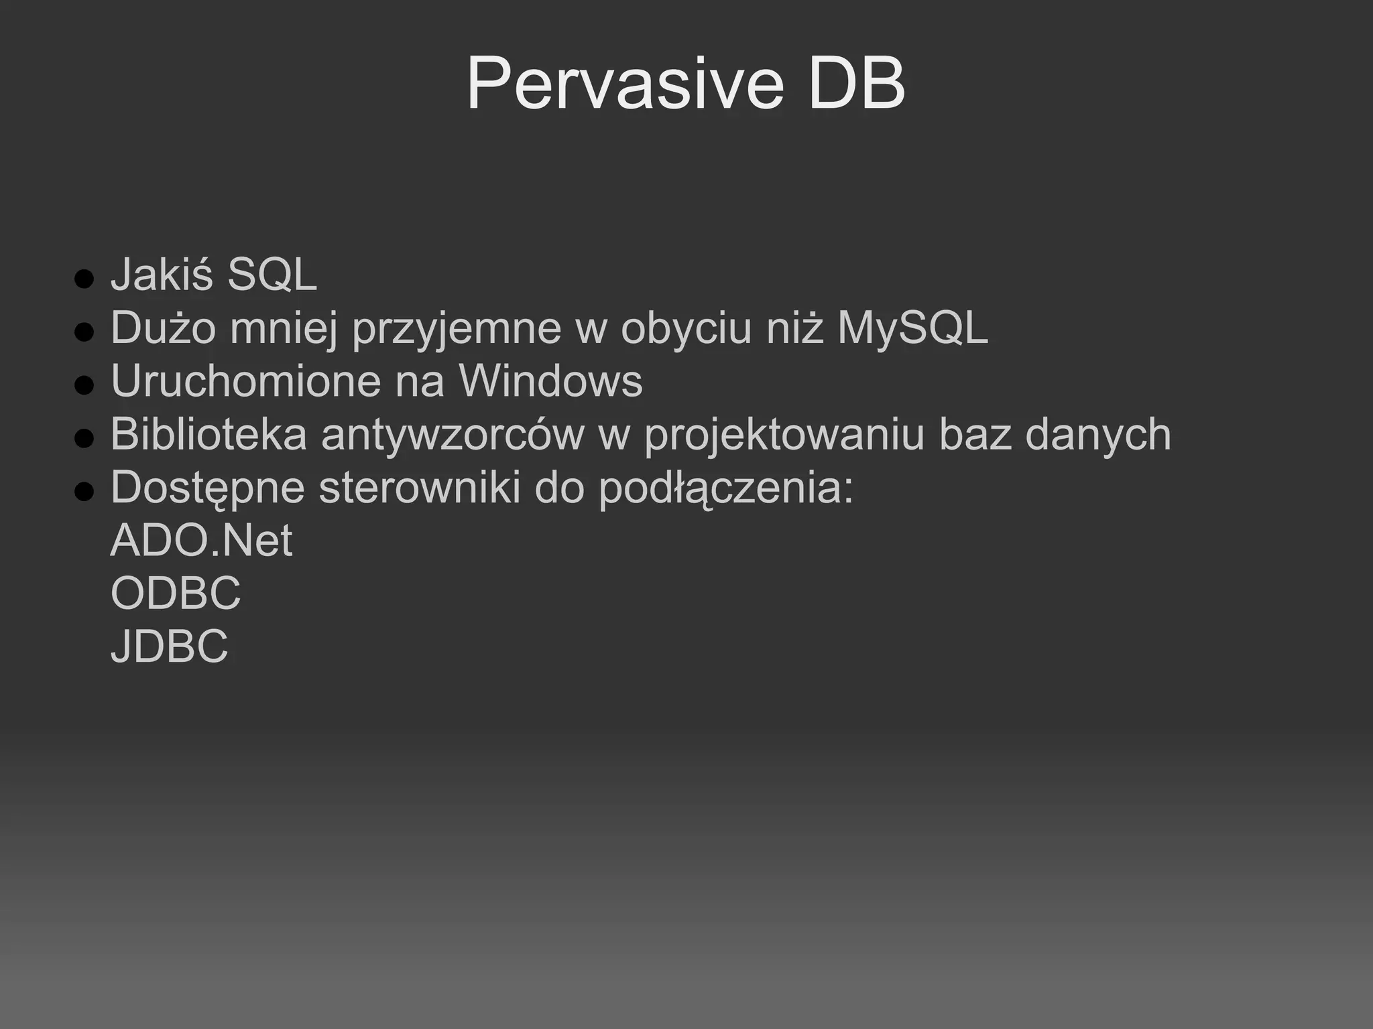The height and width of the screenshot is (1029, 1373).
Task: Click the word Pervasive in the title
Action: point(624,84)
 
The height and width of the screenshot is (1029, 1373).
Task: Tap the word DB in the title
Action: point(857,84)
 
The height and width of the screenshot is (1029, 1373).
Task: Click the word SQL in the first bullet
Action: point(272,275)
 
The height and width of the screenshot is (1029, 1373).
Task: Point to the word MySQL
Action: point(912,328)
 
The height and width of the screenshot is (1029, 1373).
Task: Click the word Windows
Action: point(550,381)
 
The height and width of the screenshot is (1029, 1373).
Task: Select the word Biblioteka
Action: point(208,434)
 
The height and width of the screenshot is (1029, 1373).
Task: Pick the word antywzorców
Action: point(453,434)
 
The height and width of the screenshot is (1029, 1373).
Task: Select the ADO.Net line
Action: point(201,540)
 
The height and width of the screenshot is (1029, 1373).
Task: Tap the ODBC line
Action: point(176,593)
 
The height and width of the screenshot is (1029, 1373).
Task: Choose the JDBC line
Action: point(169,646)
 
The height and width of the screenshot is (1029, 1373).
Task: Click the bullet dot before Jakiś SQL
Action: point(84,279)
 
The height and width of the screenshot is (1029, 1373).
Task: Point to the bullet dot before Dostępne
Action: point(84,492)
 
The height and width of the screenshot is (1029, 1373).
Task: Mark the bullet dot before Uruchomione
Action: point(84,385)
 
